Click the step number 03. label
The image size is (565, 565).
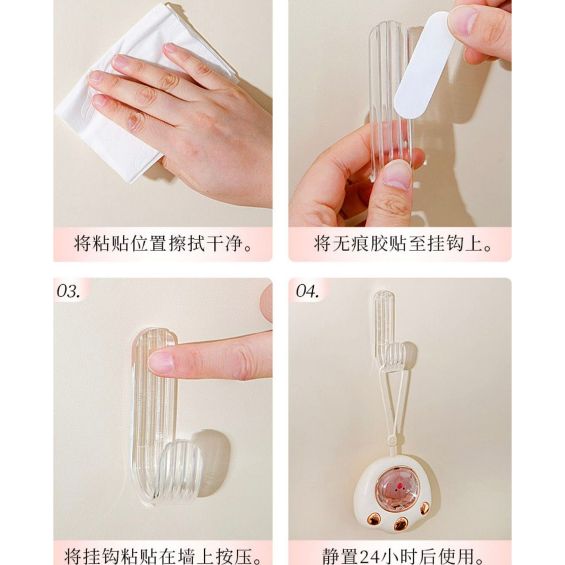tap(68, 291)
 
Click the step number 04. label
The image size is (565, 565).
tap(307, 291)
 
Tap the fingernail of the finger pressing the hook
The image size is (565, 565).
tap(161, 362)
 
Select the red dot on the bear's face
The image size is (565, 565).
tap(399, 486)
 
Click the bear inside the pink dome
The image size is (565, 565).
tap(398, 491)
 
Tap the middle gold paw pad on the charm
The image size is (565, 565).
tap(401, 524)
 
